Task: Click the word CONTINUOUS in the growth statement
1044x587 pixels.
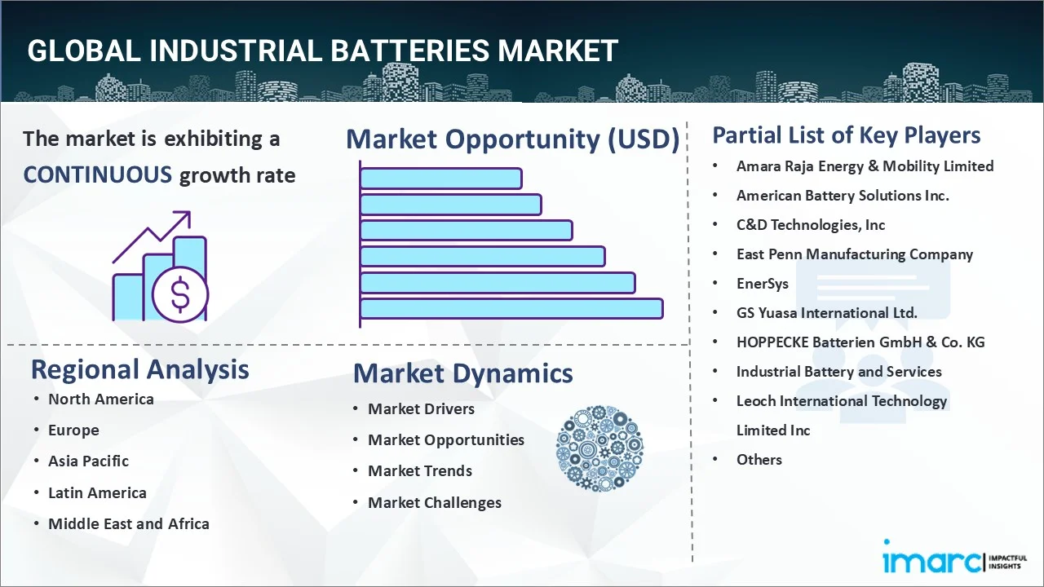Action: (x=98, y=175)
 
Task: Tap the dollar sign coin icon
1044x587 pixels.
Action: (x=180, y=294)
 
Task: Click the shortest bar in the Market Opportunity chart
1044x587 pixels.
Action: (x=441, y=179)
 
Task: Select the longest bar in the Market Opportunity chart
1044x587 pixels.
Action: (x=511, y=308)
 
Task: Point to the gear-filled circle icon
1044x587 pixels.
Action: (x=599, y=448)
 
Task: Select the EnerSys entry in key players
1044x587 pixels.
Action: (x=763, y=284)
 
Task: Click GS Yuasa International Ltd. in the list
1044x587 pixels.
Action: (x=827, y=312)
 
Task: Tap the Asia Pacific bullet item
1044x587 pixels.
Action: (x=89, y=461)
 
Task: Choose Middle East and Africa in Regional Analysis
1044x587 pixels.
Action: (x=129, y=523)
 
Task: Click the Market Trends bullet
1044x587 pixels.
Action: (x=420, y=471)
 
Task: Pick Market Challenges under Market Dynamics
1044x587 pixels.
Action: (x=435, y=503)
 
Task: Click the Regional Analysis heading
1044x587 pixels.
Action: (x=139, y=369)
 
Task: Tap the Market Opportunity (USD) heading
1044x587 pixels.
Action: (x=513, y=139)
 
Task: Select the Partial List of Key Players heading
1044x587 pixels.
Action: (x=847, y=135)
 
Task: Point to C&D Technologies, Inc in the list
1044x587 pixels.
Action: (x=811, y=225)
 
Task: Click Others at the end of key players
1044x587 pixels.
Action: (x=759, y=460)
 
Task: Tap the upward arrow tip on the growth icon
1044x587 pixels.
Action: (x=190, y=212)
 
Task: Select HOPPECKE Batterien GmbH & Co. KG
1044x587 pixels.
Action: (x=860, y=342)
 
